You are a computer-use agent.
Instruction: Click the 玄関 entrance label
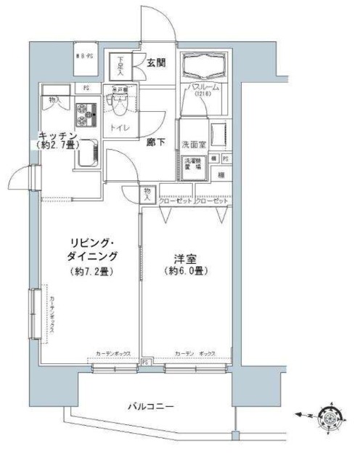(156, 63)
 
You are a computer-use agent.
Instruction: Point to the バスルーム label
(204, 86)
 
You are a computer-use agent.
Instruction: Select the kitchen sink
(88, 153)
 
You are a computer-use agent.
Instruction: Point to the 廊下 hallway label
(154, 142)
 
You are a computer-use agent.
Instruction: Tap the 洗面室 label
(194, 143)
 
